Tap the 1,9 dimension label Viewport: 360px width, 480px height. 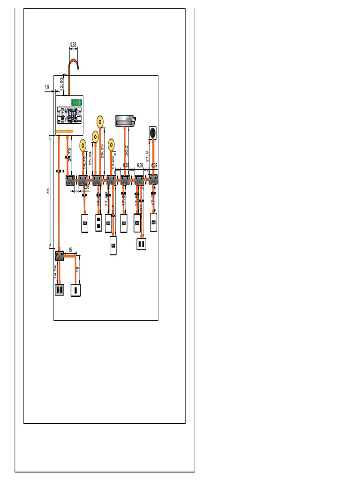(47, 87)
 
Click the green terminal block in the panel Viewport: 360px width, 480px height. (76, 102)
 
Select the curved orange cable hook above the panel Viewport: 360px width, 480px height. (73, 66)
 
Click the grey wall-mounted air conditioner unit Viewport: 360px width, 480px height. (125, 120)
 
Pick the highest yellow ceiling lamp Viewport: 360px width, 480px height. (100, 121)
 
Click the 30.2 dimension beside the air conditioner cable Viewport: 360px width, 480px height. (126, 151)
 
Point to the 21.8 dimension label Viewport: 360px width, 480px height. (147, 156)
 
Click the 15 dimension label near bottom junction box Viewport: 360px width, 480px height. (70, 250)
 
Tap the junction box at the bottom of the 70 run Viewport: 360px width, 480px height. (60, 255)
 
